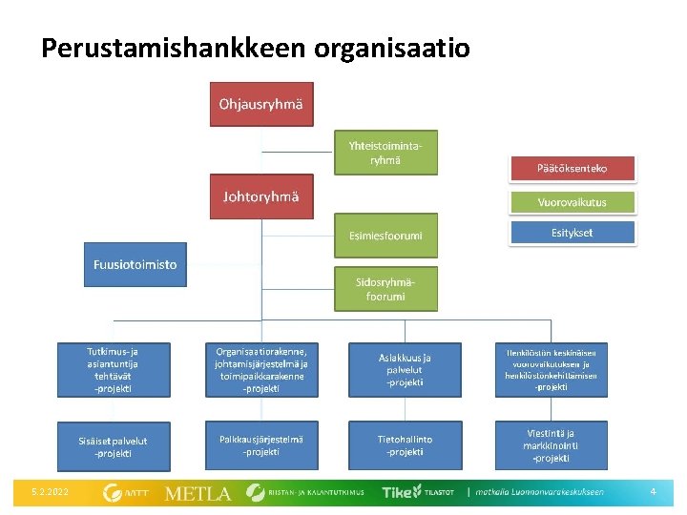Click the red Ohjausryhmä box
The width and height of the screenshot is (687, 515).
260,105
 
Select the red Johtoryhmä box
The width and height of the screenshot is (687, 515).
260,197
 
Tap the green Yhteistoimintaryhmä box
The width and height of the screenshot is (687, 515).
385,153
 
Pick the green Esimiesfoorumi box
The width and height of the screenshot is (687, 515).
385,236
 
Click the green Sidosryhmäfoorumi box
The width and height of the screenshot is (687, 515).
385,289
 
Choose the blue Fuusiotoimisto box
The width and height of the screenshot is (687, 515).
135,264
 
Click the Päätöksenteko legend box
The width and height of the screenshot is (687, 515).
572,169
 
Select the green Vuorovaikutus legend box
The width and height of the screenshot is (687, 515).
572,202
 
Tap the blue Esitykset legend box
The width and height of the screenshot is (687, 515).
572,233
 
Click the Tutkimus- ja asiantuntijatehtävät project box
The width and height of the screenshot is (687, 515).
114,369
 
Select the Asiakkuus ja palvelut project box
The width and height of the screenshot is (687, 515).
405,369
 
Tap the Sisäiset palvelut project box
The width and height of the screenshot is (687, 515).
114,446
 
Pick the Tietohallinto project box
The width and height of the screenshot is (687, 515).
405,445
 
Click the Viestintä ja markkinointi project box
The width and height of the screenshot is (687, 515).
552,445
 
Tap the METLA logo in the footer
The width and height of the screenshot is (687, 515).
198,493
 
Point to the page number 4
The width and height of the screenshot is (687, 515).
653,492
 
